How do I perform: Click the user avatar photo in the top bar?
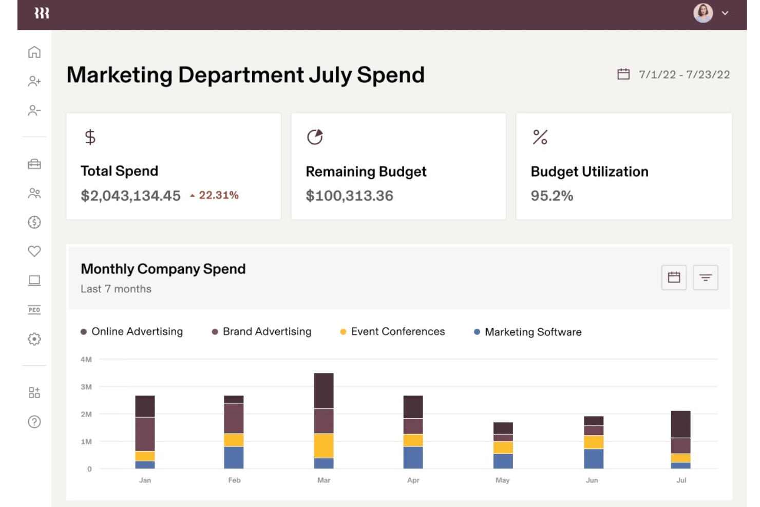pos(702,13)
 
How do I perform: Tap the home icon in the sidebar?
pos(34,52)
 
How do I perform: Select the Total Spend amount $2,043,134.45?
pos(130,196)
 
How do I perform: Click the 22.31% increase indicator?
pos(215,195)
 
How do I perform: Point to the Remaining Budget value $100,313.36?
pos(349,196)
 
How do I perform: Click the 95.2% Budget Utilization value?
pos(552,196)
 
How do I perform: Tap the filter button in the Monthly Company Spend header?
pos(705,277)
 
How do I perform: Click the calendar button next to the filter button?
pos(674,277)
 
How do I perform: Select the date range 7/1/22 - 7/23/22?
pos(683,74)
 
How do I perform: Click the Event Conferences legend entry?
pos(397,332)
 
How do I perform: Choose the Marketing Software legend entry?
pos(533,332)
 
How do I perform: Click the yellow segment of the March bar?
pos(324,445)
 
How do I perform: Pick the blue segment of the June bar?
pos(593,458)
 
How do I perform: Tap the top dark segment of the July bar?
pos(680,424)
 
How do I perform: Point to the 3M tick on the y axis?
pos(86,387)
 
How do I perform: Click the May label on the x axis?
pos(502,480)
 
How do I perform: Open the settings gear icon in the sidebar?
pos(34,339)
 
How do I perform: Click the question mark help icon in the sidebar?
pos(34,422)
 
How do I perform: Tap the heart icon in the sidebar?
pos(34,251)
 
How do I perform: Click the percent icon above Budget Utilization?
pos(540,137)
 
